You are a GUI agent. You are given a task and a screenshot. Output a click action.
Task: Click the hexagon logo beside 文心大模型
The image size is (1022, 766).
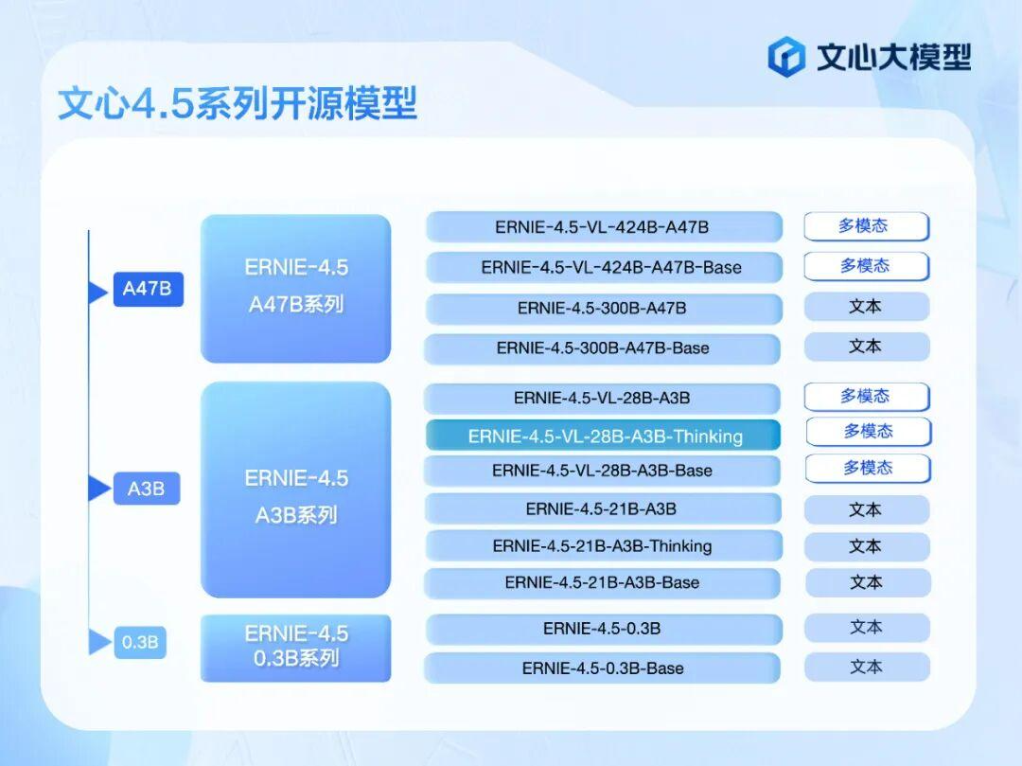tap(786, 57)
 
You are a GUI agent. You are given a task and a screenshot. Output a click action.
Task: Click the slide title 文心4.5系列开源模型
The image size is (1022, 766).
tap(238, 103)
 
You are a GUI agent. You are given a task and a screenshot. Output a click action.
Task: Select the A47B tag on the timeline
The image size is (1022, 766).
tap(148, 289)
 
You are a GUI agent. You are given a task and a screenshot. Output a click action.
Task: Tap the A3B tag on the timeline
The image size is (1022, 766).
tap(146, 489)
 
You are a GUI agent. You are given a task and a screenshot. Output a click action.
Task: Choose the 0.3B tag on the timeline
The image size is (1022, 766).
tap(140, 642)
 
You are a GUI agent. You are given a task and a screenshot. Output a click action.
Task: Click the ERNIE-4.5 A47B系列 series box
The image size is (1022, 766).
tap(296, 288)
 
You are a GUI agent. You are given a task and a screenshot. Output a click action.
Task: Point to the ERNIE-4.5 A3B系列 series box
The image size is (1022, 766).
tap(296, 490)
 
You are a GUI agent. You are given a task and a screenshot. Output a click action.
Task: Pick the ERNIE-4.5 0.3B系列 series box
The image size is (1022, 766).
tap(296, 648)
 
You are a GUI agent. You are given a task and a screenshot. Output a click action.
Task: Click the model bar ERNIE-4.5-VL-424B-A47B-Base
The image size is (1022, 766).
tap(604, 267)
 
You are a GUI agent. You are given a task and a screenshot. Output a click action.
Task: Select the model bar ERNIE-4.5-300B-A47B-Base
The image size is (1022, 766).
tap(602, 348)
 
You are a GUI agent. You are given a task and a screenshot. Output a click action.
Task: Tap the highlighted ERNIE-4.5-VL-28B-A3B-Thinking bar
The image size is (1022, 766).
tap(604, 436)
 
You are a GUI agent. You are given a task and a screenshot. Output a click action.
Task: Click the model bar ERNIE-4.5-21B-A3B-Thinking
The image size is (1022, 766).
tap(603, 545)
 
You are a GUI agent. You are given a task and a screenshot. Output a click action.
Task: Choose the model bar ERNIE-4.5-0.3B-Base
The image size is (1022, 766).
tap(602, 668)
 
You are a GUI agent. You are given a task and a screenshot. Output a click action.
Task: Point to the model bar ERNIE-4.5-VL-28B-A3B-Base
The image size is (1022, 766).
tap(602, 471)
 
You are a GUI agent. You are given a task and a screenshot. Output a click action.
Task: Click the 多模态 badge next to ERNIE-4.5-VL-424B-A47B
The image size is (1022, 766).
tap(866, 226)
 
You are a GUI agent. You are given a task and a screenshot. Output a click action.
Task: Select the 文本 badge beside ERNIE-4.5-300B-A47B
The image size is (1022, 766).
tap(866, 307)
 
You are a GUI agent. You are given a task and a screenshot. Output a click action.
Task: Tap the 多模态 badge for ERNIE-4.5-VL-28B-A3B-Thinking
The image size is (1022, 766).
tap(869, 432)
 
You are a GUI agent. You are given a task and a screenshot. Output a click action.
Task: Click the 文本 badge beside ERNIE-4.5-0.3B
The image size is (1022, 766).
tap(867, 628)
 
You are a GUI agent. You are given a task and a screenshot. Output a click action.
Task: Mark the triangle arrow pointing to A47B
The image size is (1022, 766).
tap(97, 292)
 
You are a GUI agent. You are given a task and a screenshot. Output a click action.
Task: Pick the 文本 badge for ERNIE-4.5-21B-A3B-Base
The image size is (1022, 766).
tap(868, 583)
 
